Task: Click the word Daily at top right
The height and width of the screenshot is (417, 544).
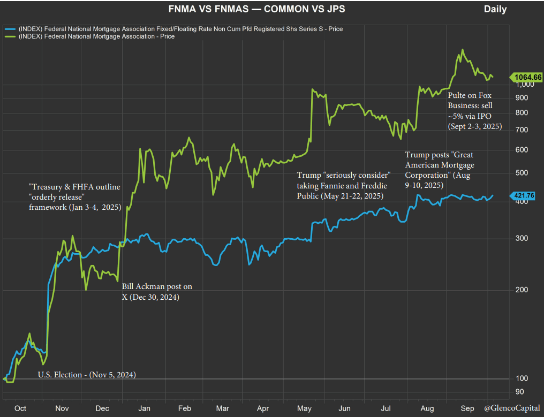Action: click(495, 9)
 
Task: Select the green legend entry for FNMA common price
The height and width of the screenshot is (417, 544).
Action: click(96, 36)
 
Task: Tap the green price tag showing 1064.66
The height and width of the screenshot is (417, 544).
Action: click(527, 78)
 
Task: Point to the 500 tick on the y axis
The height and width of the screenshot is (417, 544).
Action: click(521, 173)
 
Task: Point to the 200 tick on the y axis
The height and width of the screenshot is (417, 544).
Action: click(521, 290)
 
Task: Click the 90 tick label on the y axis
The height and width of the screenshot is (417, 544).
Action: click(519, 392)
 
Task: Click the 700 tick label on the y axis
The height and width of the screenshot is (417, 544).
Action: click(521, 130)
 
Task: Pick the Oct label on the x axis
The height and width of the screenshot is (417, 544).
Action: click(20, 408)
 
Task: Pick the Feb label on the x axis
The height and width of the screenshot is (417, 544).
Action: click(185, 408)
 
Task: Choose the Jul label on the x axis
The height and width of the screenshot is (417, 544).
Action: click(386, 408)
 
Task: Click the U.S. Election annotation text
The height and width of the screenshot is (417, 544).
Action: click(87, 375)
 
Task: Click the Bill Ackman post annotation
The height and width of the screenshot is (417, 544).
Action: click(156, 292)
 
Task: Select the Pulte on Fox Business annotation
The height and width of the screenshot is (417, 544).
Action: click(474, 110)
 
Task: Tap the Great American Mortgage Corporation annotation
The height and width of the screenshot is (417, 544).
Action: click(440, 170)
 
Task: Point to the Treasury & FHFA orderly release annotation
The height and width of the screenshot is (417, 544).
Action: click(75, 196)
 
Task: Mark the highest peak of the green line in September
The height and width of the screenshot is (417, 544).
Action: click(462, 50)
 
